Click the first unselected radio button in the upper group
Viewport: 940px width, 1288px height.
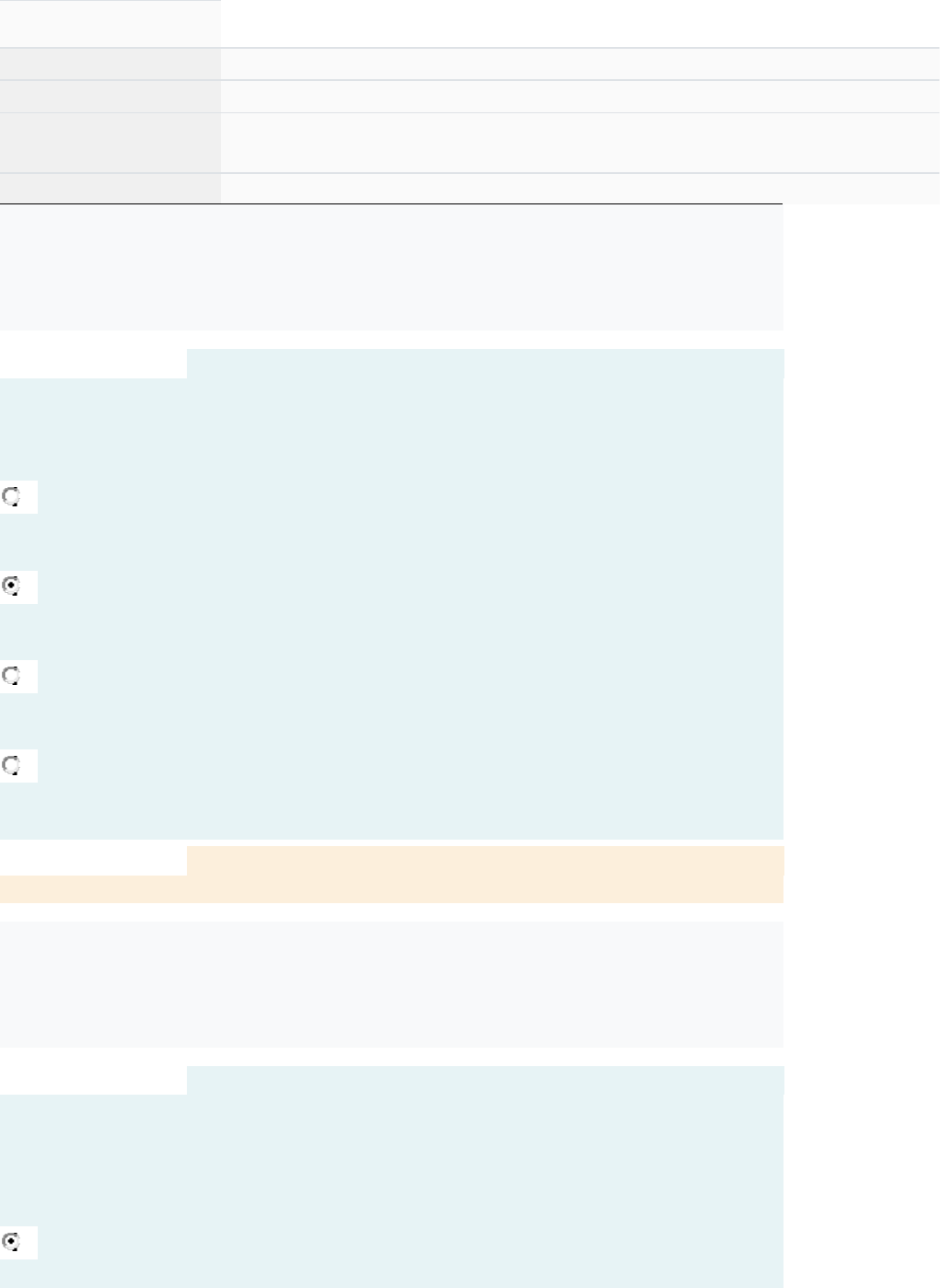(x=11, y=497)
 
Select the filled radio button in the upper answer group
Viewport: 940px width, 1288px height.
(x=11, y=586)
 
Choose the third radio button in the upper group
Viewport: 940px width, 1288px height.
(x=11, y=676)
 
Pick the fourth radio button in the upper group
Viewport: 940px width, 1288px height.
(x=11, y=765)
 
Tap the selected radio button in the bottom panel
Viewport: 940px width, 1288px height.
(x=11, y=1242)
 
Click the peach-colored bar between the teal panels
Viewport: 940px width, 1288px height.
(x=484, y=862)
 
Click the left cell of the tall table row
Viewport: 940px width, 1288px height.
(x=110, y=143)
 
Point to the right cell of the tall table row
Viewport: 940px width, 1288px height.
(x=580, y=143)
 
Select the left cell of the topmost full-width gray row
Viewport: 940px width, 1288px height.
(x=110, y=64)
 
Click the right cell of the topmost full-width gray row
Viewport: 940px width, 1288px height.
(x=580, y=64)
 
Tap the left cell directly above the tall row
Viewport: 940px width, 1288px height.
(x=110, y=96)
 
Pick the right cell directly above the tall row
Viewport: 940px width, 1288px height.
(x=580, y=96)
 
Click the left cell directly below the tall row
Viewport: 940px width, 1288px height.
(x=110, y=188)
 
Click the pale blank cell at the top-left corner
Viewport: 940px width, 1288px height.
(x=110, y=23)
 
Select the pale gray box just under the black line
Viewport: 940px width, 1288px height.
(x=391, y=267)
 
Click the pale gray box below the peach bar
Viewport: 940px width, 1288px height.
(x=391, y=984)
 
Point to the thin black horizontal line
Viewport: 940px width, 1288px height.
(x=391, y=203)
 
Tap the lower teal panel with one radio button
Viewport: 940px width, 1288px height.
(x=414, y=1178)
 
